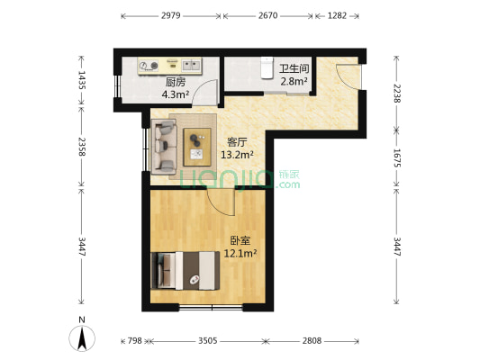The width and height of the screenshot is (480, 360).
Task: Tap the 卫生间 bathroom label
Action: (294, 68)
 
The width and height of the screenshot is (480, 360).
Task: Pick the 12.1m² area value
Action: (240, 254)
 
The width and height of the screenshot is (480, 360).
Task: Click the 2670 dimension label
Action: (268, 16)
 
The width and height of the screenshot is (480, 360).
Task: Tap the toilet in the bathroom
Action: (266, 67)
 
